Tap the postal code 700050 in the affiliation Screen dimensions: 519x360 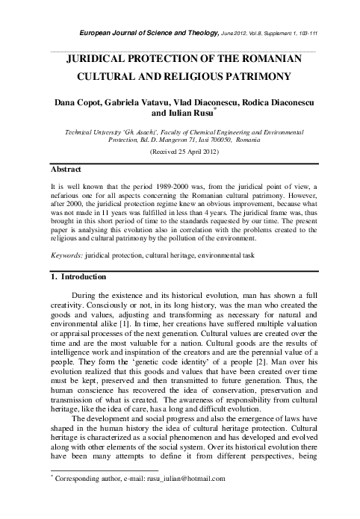[x=238, y=139]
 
